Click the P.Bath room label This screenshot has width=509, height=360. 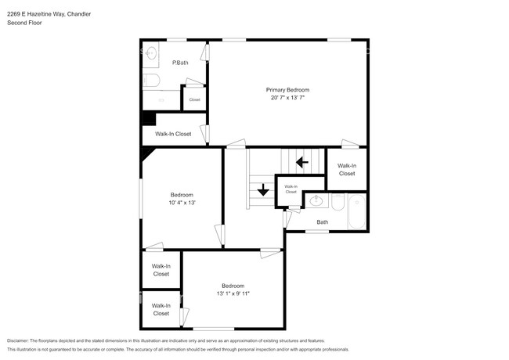pyautogui.click(x=180, y=63)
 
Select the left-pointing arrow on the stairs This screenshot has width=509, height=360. pyautogui.click(x=301, y=163)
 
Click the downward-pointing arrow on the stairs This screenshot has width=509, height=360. pyautogui.click(x=263, y=189)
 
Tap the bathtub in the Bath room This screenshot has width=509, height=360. pyautogui.click(x=356, y=211)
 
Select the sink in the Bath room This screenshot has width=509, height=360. pyautogui.click(x=316, y=201)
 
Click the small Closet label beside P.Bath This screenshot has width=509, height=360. pyautogui.click(x=194, y=99)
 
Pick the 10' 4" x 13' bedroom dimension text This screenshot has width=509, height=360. pyautogui.click(x=182, y=203)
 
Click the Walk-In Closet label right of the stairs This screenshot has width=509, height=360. pyautogui.click(x=346, y=170)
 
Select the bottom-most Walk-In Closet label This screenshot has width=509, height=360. pyautogui.click(x=161, y=309)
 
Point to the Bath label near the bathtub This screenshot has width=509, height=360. pyautogui.click(x=322, y=222)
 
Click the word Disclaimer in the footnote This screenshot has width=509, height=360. pyautogui.click(x=21, y=341)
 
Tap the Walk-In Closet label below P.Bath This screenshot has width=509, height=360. pyautogui.click(x=172, y=134)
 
